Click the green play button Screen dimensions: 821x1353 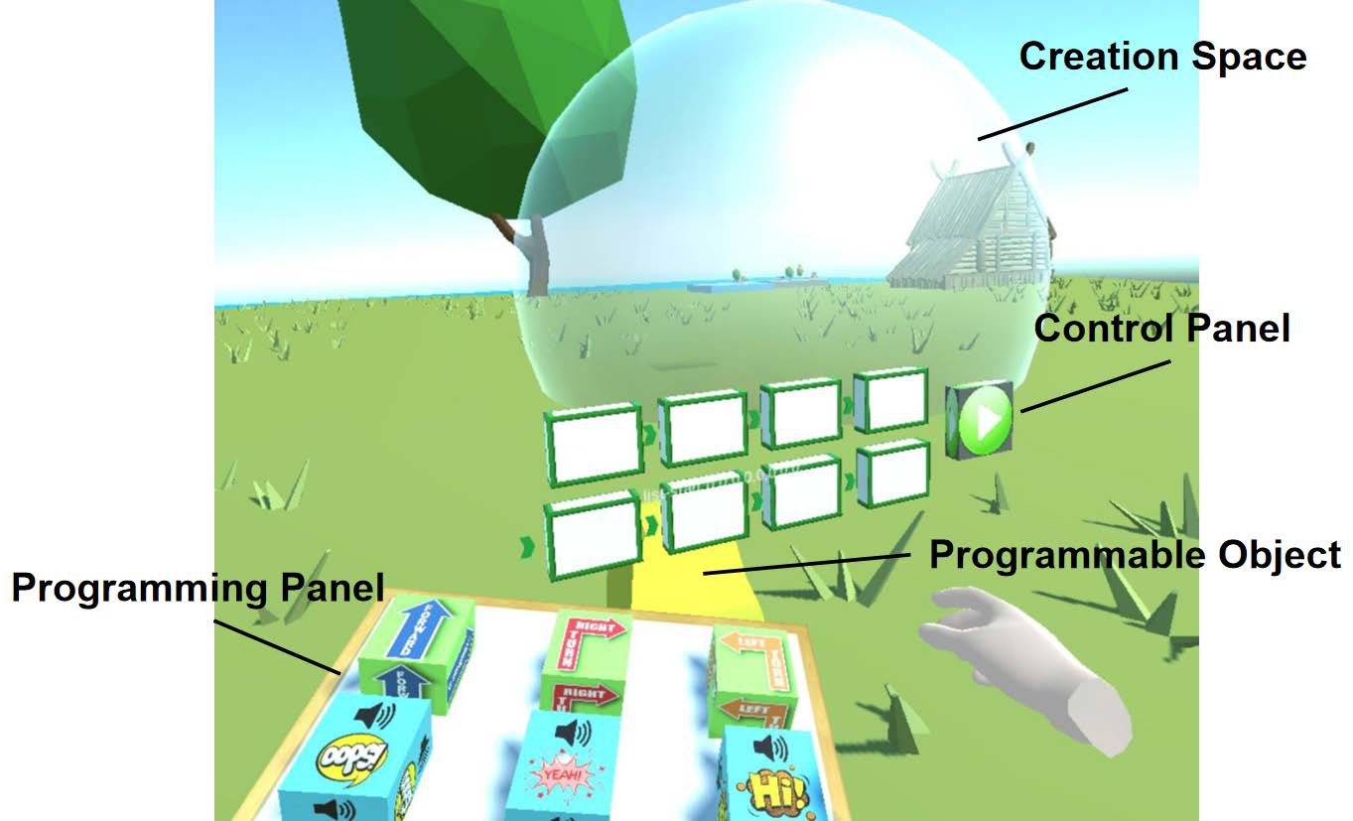[985, 420]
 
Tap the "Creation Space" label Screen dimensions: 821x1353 [1162, 57]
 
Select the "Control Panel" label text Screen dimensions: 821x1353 [1162, 328]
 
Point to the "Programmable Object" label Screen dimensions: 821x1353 [1135, 555]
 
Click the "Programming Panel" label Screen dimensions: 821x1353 [197, 589]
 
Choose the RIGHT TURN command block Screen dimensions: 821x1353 [587, 655]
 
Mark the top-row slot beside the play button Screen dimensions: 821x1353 [889, 400]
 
